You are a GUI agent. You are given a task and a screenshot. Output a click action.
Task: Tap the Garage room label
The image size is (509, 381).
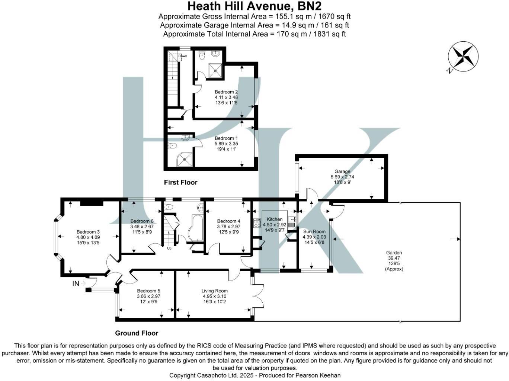coord(342,172)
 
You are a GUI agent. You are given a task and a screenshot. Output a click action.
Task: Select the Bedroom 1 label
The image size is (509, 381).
coord(226,138)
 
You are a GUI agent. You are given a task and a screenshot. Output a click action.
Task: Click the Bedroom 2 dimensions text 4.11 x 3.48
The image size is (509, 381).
coord(226,97)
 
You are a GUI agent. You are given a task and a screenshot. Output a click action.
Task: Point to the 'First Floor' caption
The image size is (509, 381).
coord(180,182)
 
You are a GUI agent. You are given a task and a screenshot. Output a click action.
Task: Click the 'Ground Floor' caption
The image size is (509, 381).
coord(137,333)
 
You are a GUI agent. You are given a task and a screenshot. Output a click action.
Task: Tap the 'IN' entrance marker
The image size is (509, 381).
coord(76,284)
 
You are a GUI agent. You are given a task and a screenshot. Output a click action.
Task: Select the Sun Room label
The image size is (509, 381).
coord(314,231)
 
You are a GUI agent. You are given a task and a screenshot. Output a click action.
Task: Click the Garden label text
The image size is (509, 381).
coord(394,253)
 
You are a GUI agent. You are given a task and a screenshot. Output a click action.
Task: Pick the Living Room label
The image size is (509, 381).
coord(214,291)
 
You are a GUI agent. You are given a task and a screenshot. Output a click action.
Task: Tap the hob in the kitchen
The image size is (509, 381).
coord(257,223)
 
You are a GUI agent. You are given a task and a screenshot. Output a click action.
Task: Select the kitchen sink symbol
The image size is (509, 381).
coord(292,219)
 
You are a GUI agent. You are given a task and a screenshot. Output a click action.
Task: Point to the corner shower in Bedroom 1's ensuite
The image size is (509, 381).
coord(184,159)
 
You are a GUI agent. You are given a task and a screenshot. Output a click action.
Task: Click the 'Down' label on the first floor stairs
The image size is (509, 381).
coord(182,56)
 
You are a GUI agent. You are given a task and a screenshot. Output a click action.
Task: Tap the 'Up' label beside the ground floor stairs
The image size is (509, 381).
coord(169,248)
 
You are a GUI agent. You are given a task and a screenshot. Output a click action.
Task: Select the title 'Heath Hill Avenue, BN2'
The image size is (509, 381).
coord(254,6)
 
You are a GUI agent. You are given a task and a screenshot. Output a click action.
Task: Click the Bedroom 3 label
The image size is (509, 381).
coord(88,232)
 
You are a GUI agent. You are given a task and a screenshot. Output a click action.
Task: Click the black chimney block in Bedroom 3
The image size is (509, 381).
coord(92,202)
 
